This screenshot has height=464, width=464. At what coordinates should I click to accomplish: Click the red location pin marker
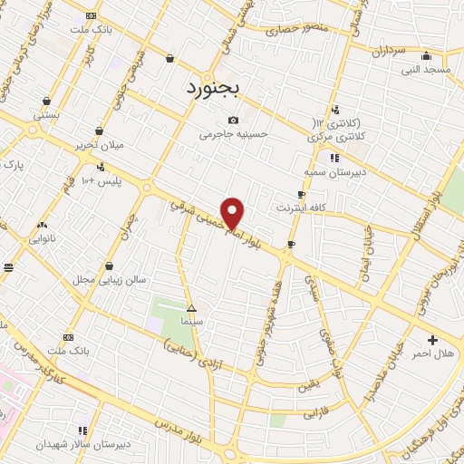[x=234, y=213]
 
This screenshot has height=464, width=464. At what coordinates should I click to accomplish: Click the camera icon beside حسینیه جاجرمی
[x=234, y=121]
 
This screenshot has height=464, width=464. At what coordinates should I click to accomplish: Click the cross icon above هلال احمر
[x=432, y=340]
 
